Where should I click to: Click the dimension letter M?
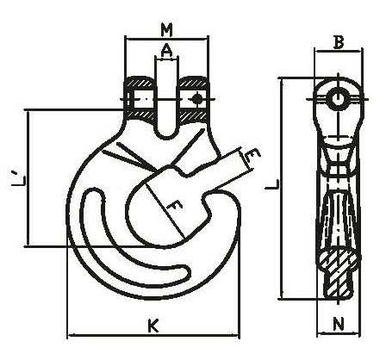click(166, 30)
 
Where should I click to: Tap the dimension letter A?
click(166, 52)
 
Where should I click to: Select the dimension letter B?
click(339, 43)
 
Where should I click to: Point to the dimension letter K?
click(153, 326)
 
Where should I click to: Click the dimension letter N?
click(339, 325)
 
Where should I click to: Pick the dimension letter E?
click(252, 155)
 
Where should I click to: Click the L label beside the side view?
click(271, 184)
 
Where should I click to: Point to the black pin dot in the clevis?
click(196, 99)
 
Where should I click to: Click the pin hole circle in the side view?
click(339, 99)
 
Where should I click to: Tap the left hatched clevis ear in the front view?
click(140, 98)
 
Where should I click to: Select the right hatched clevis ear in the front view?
click(192, 98)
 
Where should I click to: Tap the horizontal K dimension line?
click(153, 335)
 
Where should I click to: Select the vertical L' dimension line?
click(28, 177)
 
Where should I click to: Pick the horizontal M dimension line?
click(166, 38)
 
